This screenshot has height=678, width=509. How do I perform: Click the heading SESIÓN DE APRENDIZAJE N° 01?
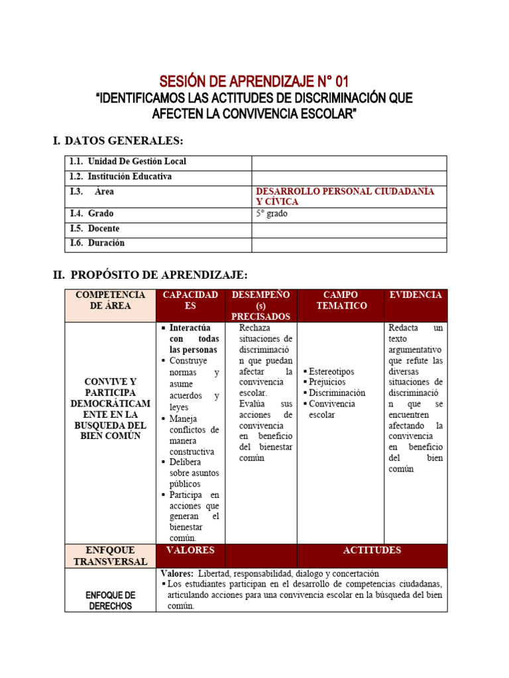click(x=254, y=82)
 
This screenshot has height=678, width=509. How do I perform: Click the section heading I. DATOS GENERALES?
click(x=117, y=140)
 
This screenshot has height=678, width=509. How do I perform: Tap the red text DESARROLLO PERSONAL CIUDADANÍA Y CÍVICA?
click(x=345, y=196)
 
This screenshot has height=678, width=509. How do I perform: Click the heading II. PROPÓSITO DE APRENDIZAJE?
click(x=150, y=275)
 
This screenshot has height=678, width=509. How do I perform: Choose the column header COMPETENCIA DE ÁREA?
click(x=110, y=301)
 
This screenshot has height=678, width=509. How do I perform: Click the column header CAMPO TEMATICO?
click(x=341, y=301)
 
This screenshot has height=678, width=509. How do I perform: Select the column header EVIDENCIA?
click(x=416, y=295)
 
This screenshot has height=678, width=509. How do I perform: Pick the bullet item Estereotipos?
click(x=331, y=371)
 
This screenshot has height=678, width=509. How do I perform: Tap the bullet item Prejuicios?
click(x=327, y=382)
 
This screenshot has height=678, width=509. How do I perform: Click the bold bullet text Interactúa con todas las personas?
click(x=193, y=339)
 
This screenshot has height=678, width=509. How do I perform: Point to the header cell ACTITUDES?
click(x=372, y=551)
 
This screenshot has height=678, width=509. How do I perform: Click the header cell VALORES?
click(x=190, y=551)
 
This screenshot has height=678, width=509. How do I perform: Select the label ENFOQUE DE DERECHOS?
click(x=110, y=601)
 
